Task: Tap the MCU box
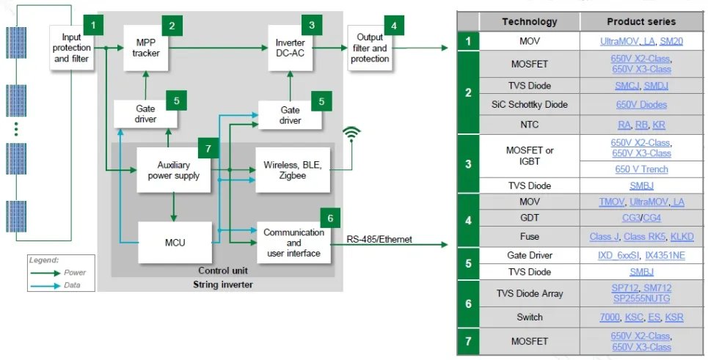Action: click(175, 242)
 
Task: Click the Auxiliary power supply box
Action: click(173, 170)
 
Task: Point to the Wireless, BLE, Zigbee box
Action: click(291, 170)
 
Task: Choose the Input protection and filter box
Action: click(72, 48)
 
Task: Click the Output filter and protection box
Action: click(370, 48)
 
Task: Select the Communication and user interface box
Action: click(293, 242)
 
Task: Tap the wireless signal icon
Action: click(352, 133)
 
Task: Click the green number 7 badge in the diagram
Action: click(208, 149)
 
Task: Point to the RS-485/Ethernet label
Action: click(379, 239)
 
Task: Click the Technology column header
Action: click(529, 21)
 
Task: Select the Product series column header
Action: click(641, 21)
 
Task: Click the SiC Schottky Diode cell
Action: click(529, 104)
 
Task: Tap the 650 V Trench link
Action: click(641, 169)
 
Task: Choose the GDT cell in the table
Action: click(529, 218)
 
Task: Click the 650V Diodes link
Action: click(641, 104)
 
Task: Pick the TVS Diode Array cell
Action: click(529, 293)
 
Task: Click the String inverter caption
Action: click(222, 282)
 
